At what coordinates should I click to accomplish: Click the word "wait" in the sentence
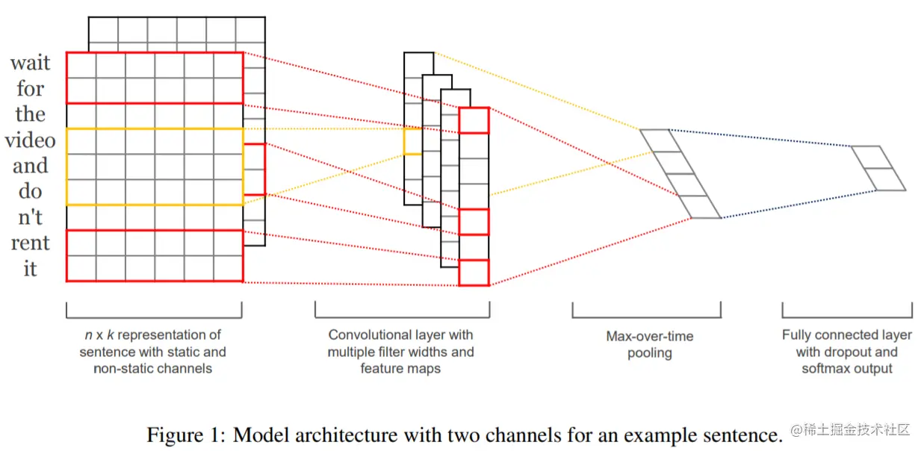pyautogui.click(x=31, y=63)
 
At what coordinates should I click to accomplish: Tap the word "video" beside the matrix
pyautogui.click(x=30, y=140)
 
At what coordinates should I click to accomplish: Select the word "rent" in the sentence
pyautogui.click(x=31, y=243)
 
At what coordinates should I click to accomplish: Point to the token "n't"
pyautogui.click(x=31, y=217)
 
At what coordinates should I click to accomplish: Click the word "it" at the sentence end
pyautogui.click(x=30, y=268)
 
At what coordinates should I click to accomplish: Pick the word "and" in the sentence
pyautogui.click(x=31, y=166)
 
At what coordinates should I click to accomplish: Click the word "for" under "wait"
pyautogui.click(x=31, y=90)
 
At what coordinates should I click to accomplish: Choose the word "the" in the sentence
pyautogui.click(x=31, y=115)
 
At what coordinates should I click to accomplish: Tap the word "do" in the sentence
pyautogui.click(x=31, y=192)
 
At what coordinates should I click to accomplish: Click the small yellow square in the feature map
pyautogui.click(x=412, y=141)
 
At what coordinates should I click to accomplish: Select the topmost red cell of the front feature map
pyautogui.click(x=474, y=120)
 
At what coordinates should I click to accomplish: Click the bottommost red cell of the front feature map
pyautogui.click(x=474, y=273)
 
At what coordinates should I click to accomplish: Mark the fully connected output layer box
pyautogui.click(x=878, y=168)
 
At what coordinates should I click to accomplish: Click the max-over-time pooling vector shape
pyautogui.click(x=680, y=174)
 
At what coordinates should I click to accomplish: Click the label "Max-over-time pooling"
pyautogui.click(x=649, y=344)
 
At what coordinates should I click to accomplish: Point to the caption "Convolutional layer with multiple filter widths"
pyautogui.click(x=400, y=343)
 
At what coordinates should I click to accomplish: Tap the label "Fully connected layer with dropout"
pyautogui.click(x=847, y=343)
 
